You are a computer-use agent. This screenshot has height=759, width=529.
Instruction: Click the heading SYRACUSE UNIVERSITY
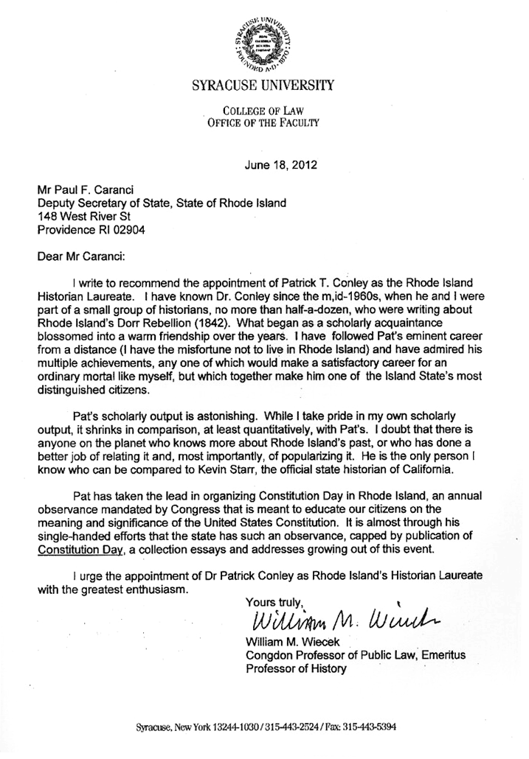263,86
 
